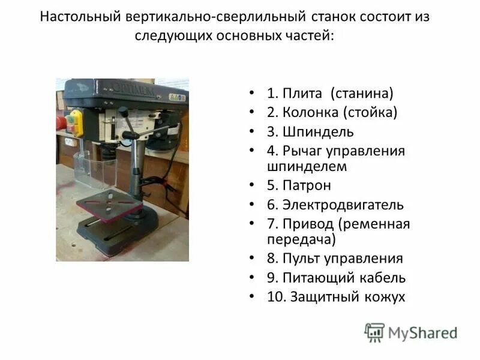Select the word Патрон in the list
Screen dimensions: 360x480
click(307, 185)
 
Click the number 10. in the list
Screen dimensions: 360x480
click(277, 296)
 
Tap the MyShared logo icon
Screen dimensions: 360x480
click(374, 332)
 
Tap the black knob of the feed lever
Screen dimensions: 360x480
click(123, 112)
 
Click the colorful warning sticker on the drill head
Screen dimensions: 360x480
click(175, 96)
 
